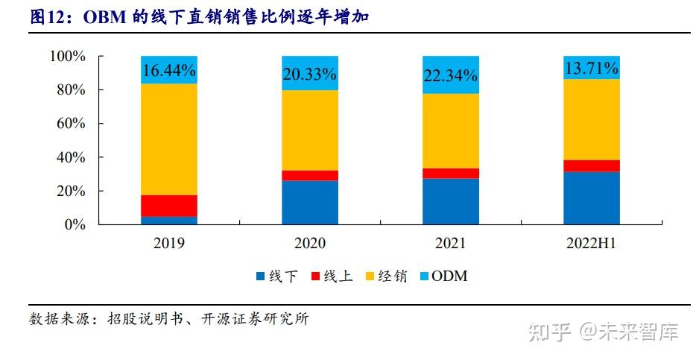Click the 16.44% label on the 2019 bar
point(168,71)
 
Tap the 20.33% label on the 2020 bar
point(309,74)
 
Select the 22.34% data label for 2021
point(451,76)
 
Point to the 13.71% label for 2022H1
point(591,69)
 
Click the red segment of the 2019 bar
point(168,206)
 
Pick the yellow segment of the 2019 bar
point(168,139)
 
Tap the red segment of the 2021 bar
point(451,173)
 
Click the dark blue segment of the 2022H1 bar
point(591,198)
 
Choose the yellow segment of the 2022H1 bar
point(591,119)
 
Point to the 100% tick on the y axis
point(67,57)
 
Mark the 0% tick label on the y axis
point(75,224)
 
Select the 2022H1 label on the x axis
point(591,244)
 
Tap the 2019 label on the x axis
point(168,244)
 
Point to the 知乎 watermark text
point(550,332)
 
